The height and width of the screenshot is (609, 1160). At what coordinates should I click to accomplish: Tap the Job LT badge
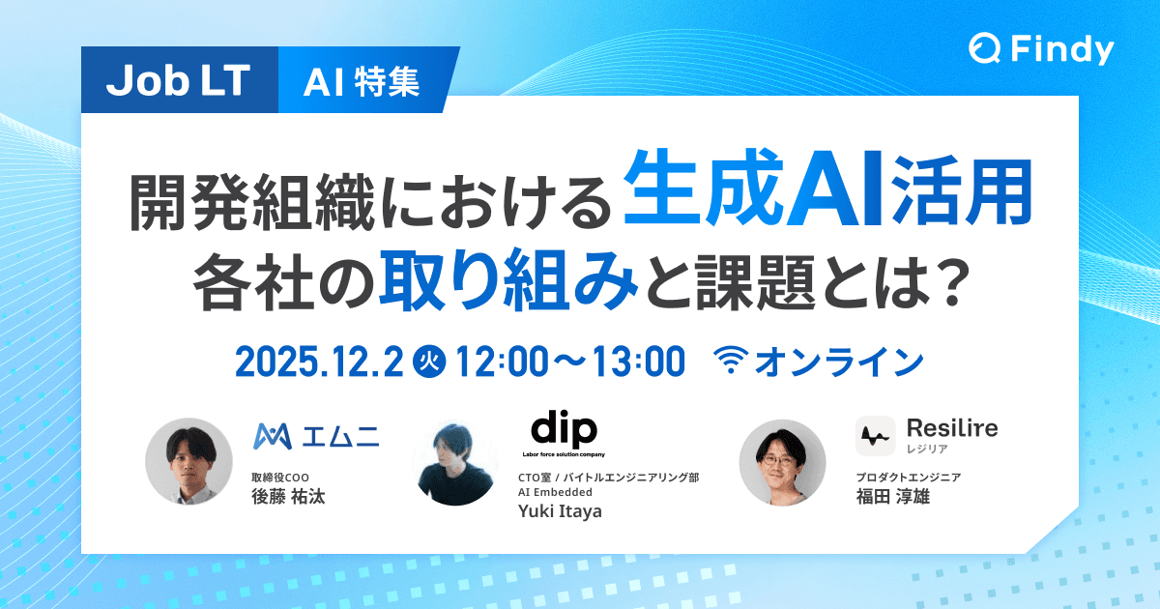pos(177,82)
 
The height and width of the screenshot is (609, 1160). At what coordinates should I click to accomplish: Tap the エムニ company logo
pos(316,436)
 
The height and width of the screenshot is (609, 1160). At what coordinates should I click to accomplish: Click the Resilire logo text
pos(952,427)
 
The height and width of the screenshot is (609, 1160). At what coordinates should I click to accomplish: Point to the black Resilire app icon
pos(875,435)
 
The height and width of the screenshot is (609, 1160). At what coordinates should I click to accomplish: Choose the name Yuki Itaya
pos(560,511)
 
